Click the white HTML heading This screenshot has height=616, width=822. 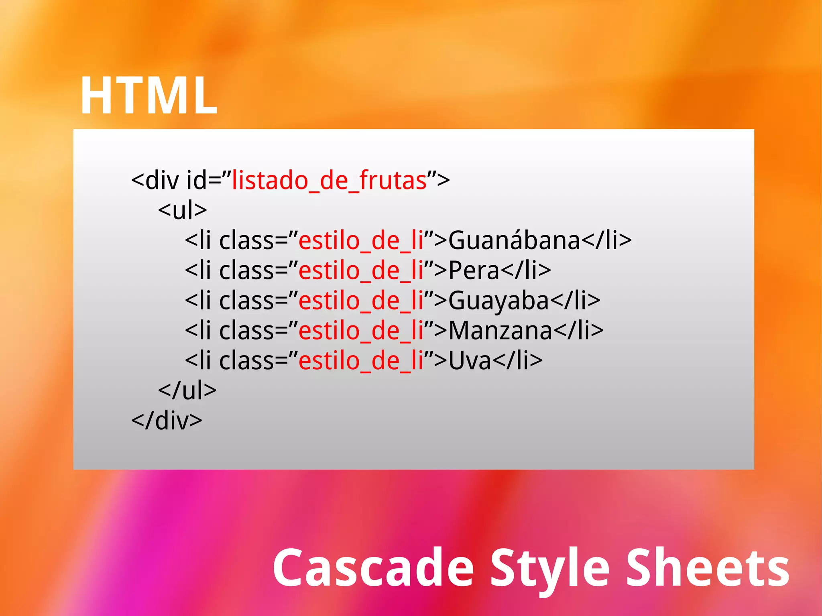[149, 96]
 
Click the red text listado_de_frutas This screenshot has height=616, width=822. [329, 181]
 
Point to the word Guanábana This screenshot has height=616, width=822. [514, 241]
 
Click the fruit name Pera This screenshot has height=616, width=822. [474, 271]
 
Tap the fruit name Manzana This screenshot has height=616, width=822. [500, 331]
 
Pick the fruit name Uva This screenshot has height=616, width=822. [470, 361]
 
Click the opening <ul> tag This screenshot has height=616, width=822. [182, 210]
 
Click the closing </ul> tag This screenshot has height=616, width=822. [187, 390]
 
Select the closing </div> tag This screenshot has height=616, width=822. [167, 421]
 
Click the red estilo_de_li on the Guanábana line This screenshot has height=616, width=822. [361, 241]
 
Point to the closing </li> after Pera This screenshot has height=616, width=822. [526, 271]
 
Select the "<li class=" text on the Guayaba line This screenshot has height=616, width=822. [241, 301]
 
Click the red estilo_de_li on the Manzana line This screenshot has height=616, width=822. [361, 331]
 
